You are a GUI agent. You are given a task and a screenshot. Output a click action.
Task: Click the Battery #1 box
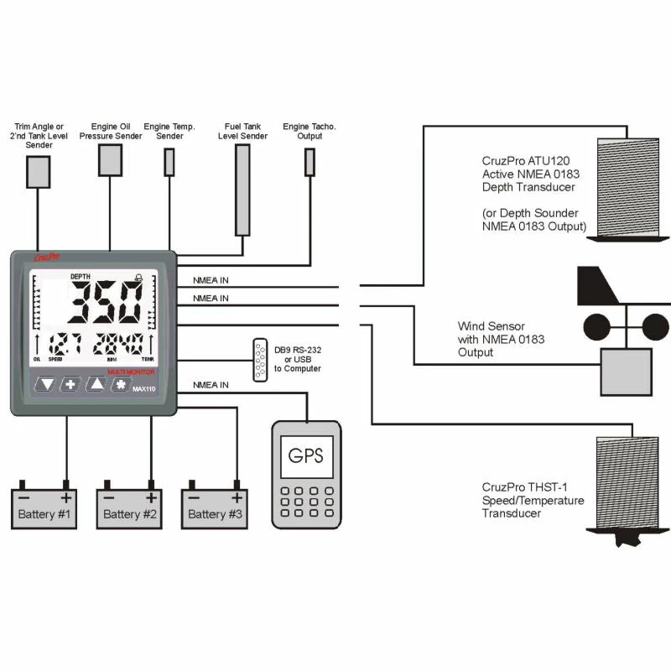44,511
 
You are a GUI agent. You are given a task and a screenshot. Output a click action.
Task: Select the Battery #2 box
129,511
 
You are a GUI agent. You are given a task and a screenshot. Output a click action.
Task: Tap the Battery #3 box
215,511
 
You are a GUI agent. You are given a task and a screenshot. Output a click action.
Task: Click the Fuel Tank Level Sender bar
242,190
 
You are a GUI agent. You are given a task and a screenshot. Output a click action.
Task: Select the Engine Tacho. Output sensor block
309,162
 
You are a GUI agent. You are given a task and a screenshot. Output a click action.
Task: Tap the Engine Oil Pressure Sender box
111,159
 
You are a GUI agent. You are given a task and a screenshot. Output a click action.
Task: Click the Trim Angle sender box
39,172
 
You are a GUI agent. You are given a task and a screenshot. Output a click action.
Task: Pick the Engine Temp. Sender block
169,162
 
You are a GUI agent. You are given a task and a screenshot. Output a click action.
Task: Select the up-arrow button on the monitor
97,385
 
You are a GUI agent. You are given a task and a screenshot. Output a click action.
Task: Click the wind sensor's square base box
625,372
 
